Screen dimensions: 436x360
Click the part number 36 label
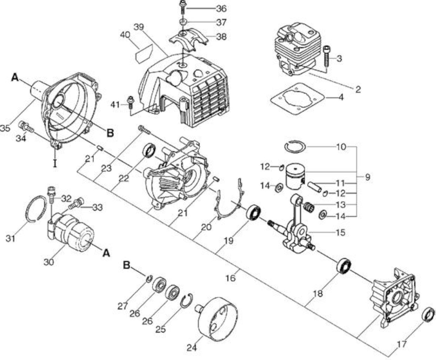click(221, 9)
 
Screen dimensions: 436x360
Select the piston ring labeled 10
click(295, 147)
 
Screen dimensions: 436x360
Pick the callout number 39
click(139, 27)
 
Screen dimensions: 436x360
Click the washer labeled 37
click(183, 22)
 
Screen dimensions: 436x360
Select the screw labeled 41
click(131, 102)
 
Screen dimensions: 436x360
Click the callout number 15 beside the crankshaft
click(340, 232)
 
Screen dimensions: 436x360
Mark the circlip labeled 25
click(187, 301)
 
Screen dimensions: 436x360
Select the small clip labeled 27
click(149, 279)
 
